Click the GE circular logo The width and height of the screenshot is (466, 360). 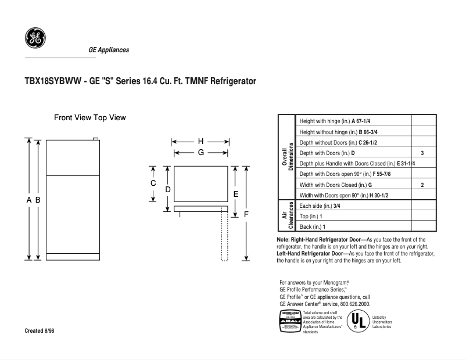[35, 38]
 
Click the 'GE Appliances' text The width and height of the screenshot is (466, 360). [109, 50]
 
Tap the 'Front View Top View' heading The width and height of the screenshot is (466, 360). [90, 117]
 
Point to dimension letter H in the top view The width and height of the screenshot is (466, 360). [200, 141]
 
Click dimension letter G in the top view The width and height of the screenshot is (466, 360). [200, 152]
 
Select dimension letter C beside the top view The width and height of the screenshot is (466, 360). [153, 183]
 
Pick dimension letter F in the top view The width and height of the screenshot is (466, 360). [246, 214]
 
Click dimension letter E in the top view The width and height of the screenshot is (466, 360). [236, 194]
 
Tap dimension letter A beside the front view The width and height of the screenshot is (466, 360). [28, 200]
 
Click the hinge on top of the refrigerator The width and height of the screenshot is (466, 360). [96, 139]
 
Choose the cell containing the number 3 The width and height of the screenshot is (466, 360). [422, 153]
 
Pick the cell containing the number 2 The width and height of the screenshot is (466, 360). [422, 185]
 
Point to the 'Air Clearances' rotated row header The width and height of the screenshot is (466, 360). [287, 216]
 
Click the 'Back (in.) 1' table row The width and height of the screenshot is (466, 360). [312, 226]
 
